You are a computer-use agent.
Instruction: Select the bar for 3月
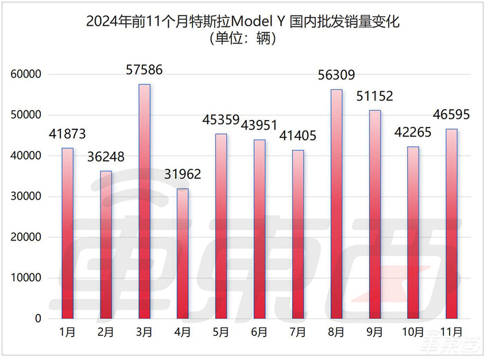pos(144,201)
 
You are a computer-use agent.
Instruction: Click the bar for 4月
pos(183,253)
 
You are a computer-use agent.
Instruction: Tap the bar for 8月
pos(336,204)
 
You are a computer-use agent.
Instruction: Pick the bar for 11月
pos(452,223)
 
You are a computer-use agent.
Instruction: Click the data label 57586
pos(144,71)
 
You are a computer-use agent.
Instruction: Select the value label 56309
pos(336,75)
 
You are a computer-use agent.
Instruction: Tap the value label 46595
pos(452,115)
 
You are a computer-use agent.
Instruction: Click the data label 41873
pos(67,134)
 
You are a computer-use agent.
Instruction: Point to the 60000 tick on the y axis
pos(25,75)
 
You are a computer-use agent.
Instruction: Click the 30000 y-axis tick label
pos(25,197)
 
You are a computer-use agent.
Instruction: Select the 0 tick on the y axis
pos(38,319)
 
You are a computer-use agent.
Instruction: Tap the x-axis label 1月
pos(67,332)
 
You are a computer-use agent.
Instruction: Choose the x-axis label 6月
pos(260,332)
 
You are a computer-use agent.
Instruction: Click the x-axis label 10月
pos(413,332)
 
